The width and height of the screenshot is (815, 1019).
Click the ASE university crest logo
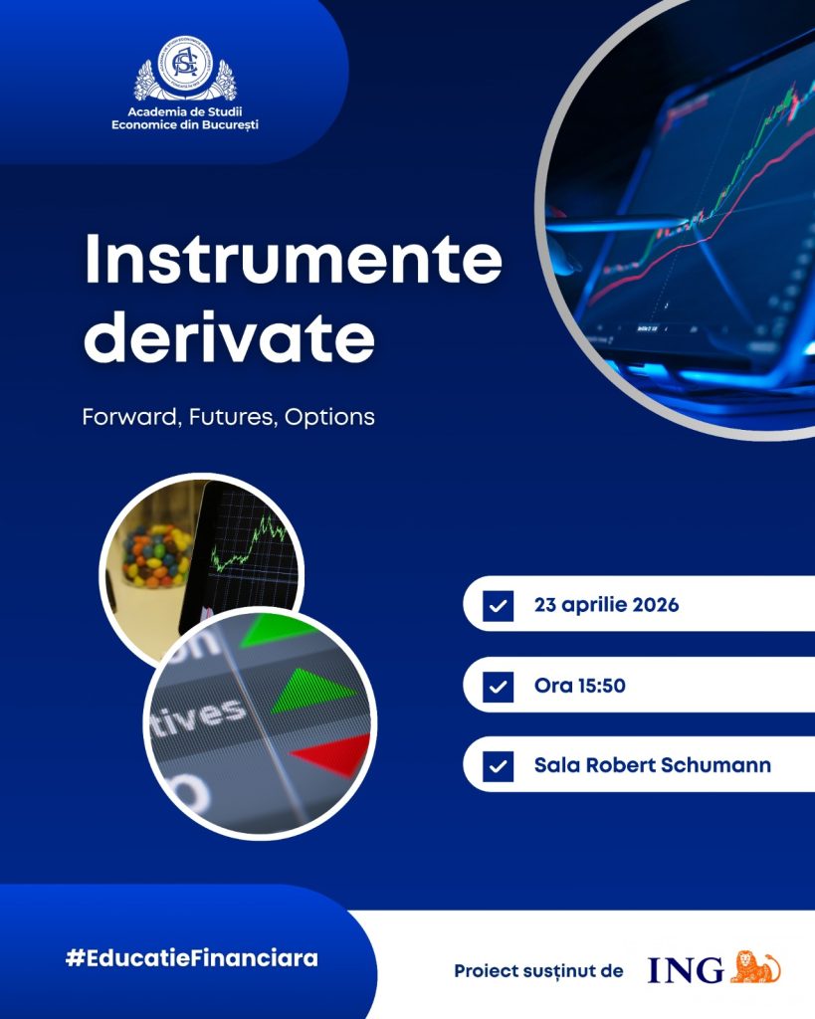(185, 70)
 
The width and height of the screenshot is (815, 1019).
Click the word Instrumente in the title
(294, 259)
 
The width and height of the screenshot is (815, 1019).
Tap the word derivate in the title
(230, 336)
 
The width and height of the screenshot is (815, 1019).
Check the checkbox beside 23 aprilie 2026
(498, 606)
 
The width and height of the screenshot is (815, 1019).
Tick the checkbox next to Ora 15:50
(498, 687)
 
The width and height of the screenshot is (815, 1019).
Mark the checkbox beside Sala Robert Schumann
(498, 767)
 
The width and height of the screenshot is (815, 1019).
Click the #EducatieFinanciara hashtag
(192, 958)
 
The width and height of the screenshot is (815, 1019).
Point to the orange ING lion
(755, 967)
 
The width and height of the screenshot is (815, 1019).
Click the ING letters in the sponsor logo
(686, 970)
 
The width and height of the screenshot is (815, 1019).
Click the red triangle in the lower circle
(334, 754)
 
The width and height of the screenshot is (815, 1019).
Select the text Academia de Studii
(184, 112)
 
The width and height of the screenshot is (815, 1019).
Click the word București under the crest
(230, 124)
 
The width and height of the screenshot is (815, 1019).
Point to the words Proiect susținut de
(538, 971)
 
